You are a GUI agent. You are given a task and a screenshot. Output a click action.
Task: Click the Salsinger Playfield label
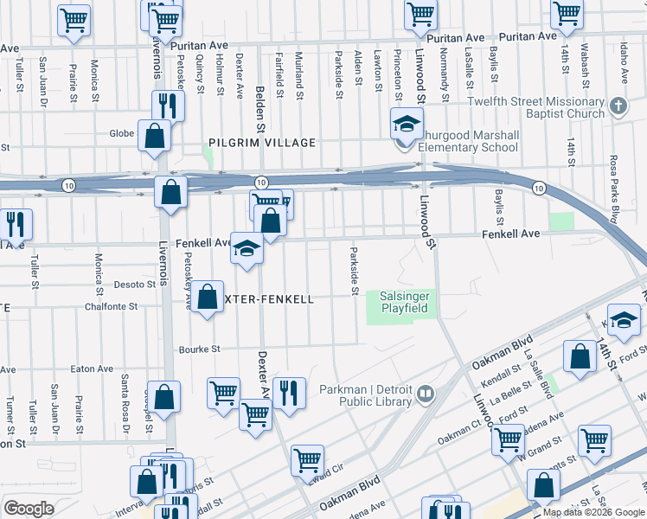[404, 303]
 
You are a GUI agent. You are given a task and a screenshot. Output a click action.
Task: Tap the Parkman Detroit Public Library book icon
[425, 395]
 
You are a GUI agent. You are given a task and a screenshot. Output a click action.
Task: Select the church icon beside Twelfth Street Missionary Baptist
[618, 106]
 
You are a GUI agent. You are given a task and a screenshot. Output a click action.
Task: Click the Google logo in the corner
[29, 509]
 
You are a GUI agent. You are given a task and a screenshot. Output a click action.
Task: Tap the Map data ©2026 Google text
[593, 512]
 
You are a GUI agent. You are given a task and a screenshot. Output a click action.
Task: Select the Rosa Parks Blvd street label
[614, 189]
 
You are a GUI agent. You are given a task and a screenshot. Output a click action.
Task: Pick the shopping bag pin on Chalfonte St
[208, 298]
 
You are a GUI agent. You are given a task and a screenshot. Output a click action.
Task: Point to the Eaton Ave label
[93, 368]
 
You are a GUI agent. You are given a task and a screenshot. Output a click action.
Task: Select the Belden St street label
[259, 103]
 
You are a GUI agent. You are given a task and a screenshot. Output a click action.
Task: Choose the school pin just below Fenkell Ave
[247, 251]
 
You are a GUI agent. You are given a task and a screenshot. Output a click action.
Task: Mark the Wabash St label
[586, 66]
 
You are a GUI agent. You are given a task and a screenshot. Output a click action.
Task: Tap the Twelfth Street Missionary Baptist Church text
[535, 107]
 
